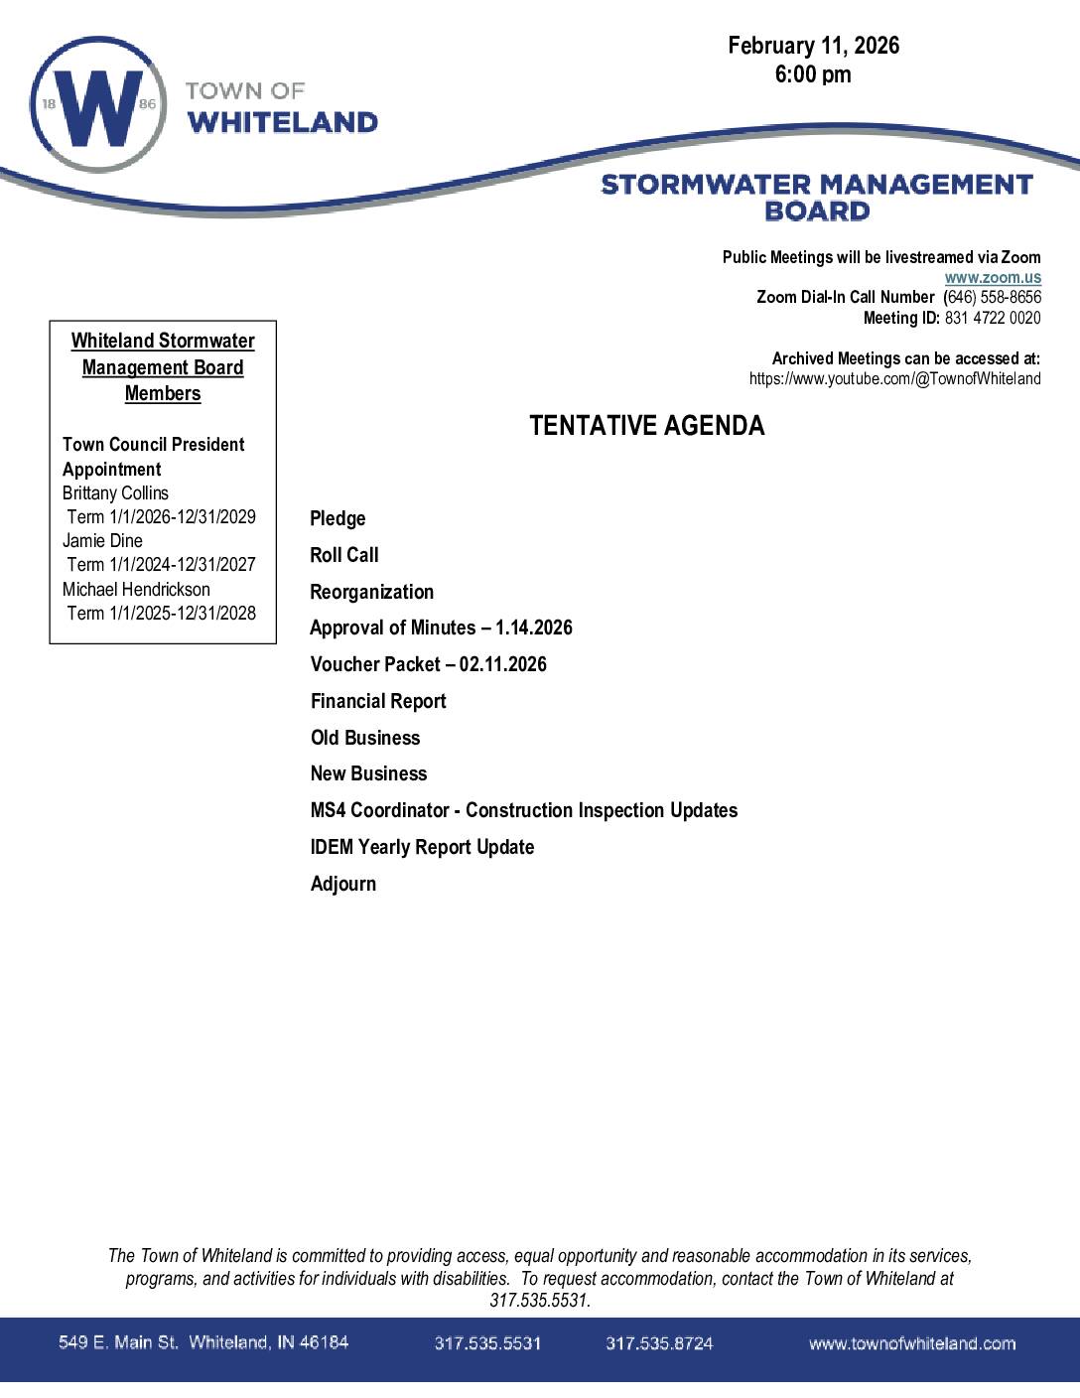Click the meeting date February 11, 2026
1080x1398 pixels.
point(813,46)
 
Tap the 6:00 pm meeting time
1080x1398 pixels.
point(813,74)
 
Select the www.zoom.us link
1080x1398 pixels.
point(993,278)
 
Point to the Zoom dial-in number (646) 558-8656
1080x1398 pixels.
point(992,297)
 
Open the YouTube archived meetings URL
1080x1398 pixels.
point(894,378)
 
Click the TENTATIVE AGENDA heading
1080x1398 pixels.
point(647,426)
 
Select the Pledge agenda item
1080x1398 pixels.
point(337,518)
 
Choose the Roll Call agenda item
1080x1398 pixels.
point(344,555)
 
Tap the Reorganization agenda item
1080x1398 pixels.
point(371,592)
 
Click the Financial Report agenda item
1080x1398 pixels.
point(378,701)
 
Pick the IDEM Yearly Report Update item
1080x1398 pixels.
point(422,847)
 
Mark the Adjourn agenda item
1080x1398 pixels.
point(342,884)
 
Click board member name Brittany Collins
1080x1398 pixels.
point(115,493)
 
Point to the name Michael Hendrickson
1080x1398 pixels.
point(136,589)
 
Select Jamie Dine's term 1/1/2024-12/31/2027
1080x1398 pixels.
point(161,565)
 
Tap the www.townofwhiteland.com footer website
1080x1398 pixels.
point(911,1343)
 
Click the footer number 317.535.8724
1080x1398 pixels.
point(659,1343)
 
